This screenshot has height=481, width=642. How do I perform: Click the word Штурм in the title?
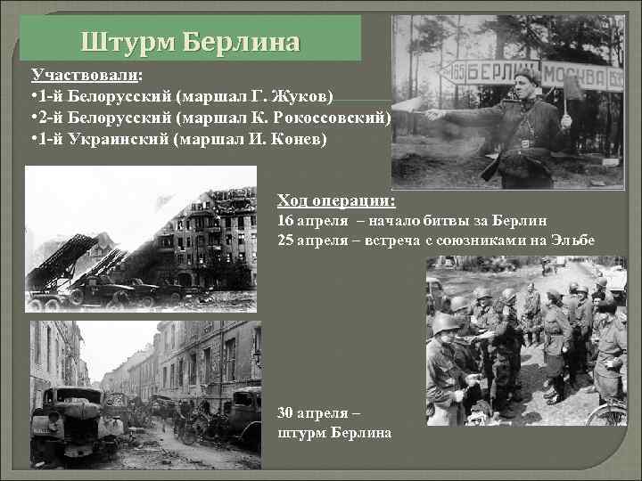click(128, 41)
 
